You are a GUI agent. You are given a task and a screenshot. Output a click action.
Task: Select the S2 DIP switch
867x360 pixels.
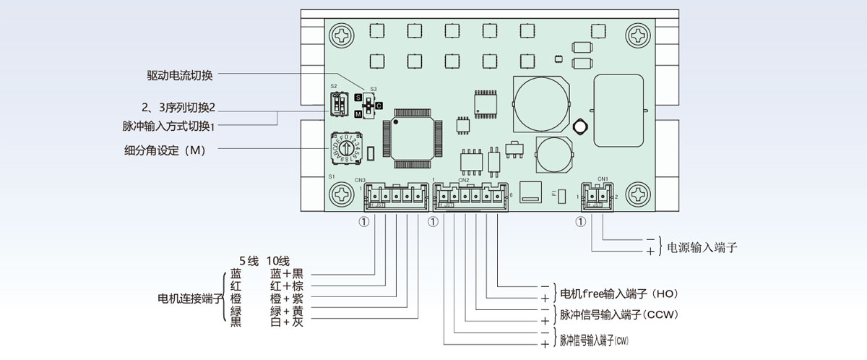pyautogui.click(x=338, y=106)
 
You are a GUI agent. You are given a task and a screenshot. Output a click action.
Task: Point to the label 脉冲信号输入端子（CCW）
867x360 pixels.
pyautogui.click(x=618, y=314)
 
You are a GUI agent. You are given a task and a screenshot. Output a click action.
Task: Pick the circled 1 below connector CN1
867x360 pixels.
pyautogui.click(x=581, y=222)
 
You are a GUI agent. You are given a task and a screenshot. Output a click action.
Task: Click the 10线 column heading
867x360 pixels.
pyautogui.click(x=278, y=261)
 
